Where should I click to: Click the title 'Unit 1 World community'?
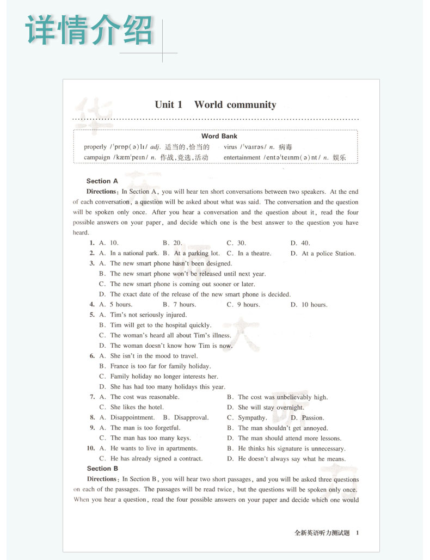pyautogui.click(x=215, y=104)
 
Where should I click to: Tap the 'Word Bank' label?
pyautogui.click(x=219, y=136)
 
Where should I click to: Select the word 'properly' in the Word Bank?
pyautogui.click(x=95, y=147)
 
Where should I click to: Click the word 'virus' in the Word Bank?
pyautogui.click(x=231, y=147)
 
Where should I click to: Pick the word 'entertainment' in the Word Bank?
pyautogui.click(x=242, y=158)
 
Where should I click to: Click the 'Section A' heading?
pyautogui.click(x=102, y=181)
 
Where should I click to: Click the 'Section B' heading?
pyautogui.click(x=102, y=469)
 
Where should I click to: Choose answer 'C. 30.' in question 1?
pyautogui.click(x=236, y=243)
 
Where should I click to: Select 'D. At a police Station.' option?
pyautogui.click(x=323, y=254)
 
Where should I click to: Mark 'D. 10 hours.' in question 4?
pyautogui.click(x=309, y=305)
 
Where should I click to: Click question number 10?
pyautogui.click(x=91, y=448)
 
